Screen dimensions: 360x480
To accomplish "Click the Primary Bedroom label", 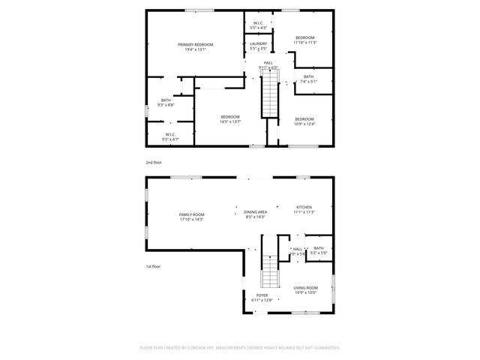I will pyautogui.click(x=195, y=45).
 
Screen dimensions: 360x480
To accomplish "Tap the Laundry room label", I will pyautogui.click(x=258, y=44).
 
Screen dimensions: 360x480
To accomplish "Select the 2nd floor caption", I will pyautogui.click(x=153, y=162).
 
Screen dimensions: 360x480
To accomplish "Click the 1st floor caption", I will pyautogui.click(x=153, y=266).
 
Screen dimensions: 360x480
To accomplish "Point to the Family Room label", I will pyautogui.click(x=191, y=214).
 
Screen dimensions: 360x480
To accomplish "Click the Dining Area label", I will pyautogui.click(x=255, y=212).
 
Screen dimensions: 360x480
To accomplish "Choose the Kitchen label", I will pyautogui.click(x=304, y=207).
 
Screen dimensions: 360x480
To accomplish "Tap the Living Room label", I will pyautogui.click(x=305, y=288).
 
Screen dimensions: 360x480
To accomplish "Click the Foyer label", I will pyautogui.click(x=262, y=295).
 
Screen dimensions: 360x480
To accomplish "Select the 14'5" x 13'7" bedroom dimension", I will pyautogui.click(x=229, y=121).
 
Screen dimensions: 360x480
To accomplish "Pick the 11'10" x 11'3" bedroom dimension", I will pyautogui.click(x=305, y=43).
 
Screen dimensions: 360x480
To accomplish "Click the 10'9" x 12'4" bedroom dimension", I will pyautogui.click(x=304, y=124).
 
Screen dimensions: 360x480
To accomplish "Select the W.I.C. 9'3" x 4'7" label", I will pyautogui.click(x=171, y=137).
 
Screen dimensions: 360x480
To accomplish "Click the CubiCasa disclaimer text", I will pyautogui.click(x=240, y=348).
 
